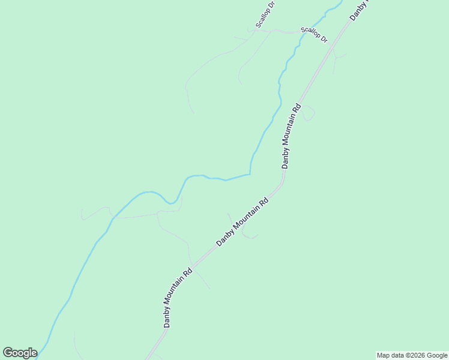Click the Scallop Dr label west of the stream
tap(265, 14)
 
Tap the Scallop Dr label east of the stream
tap(314, 34)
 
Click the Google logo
tap(20, 353)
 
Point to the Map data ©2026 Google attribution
tap(412, 355)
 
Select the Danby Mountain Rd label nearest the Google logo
tap(178, 297)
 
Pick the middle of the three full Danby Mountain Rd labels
tap(243, 222)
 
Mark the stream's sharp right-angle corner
tap(250, 174)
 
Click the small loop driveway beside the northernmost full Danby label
tap(309, 113)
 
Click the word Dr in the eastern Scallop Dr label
tap(324, 39)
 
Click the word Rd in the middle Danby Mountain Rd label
tap(264, 202)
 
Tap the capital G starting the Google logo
tap(8, 353)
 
